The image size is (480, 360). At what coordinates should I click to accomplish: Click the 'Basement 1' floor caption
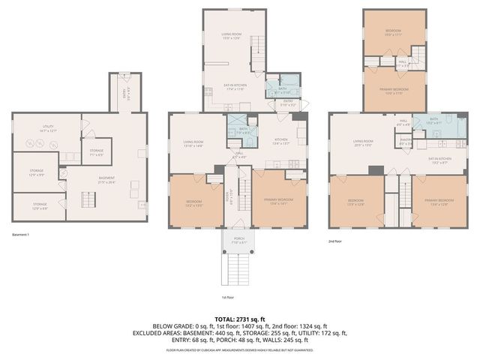(x=23, y=234)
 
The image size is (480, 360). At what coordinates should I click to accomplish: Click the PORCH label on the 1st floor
(x=239, y=240)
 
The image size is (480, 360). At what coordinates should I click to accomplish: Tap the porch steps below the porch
(x=239, y=267)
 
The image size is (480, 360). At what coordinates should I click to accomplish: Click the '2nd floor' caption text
(x=335, y=241)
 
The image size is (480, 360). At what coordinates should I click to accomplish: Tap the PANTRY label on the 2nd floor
(x=406, y=141)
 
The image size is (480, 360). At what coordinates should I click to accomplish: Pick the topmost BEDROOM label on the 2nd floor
(x=394, y=32)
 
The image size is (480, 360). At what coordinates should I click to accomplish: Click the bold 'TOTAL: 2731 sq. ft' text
(x=239, y=318)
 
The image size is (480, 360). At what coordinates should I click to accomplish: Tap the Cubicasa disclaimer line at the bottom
(x=239, y=350)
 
